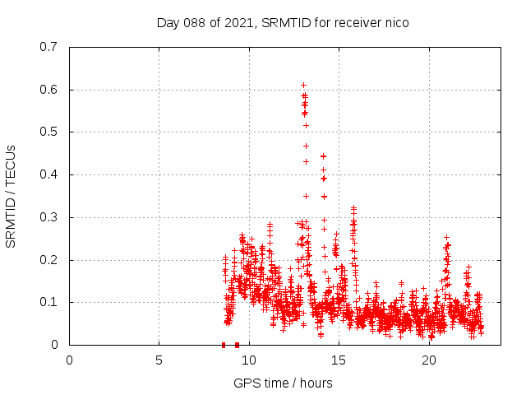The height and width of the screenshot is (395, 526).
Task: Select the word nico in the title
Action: [x=394, y=23]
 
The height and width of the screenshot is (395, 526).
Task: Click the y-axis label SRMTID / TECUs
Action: [x=12, y=196]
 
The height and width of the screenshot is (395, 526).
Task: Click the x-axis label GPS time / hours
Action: [x=283, y=383]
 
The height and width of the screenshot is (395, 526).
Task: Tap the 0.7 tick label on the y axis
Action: [x=48, y=47]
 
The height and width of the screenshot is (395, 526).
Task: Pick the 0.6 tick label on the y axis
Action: [x=48, y=90]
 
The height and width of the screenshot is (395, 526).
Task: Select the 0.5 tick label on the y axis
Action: [x=48, y=132]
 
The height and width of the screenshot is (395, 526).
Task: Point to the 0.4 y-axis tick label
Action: [x=48, y=174]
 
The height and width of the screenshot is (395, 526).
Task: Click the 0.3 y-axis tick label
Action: [x=48, y=217]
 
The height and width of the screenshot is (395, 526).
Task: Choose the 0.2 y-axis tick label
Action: [x=48, y=260]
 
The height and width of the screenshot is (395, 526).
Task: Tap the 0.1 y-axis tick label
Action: [x=48, y=302]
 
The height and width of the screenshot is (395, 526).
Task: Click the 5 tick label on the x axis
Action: [x=159, y=360]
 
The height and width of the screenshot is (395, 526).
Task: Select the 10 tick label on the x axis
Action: [x=249, y=360]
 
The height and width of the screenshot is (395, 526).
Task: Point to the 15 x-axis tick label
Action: [x=339, y=360]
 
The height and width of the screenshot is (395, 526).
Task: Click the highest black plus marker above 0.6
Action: [x=303, y=85]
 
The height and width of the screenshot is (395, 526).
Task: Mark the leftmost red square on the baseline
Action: [x=224, y=345]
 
